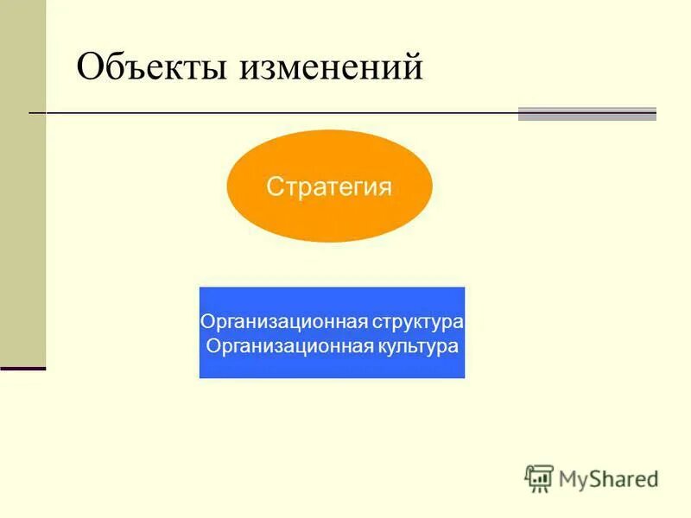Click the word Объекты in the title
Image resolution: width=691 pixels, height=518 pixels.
[154, 66]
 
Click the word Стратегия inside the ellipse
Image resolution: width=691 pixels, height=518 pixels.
[329, 186]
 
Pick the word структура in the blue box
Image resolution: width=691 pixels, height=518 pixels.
[419, 322]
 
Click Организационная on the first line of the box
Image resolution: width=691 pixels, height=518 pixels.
[284, 322]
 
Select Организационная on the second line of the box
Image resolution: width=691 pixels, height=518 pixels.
[289, 346]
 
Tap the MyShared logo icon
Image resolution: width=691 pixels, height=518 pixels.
[539, 477]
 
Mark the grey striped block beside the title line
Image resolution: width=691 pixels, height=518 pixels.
[587, 114]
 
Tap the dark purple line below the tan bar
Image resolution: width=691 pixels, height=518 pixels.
[22, 369]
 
